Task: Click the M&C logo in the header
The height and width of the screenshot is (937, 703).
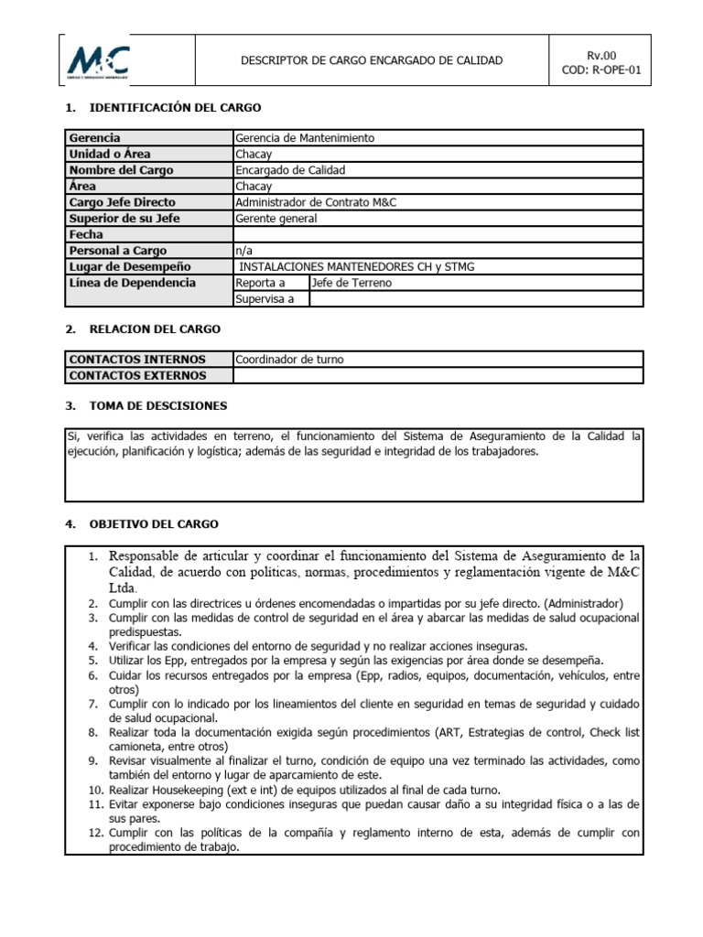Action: coord(99,61)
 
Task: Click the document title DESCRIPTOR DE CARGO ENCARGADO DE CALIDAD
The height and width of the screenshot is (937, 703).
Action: coord(371,60)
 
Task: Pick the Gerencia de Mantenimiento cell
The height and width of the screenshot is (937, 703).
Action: coord(305,138)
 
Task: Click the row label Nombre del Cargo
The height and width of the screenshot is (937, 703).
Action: coord(121,170)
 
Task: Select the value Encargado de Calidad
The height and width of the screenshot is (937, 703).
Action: coord(291,170)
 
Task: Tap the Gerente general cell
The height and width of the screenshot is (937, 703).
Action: coord(276,218)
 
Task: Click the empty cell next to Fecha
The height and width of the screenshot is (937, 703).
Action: coord(438,234)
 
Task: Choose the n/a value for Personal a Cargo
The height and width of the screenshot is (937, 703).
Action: coord(243,251)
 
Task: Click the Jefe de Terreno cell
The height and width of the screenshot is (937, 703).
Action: coord(351,283)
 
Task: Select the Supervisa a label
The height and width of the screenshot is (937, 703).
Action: coord(265,299)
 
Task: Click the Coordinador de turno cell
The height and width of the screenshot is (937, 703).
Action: coord(289,360)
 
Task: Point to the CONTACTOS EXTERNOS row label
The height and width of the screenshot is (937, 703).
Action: coord(137,375)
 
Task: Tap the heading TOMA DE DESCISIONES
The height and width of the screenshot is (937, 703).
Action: coord(158,405)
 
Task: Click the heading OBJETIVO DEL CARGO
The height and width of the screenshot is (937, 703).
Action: coord(154,524)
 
